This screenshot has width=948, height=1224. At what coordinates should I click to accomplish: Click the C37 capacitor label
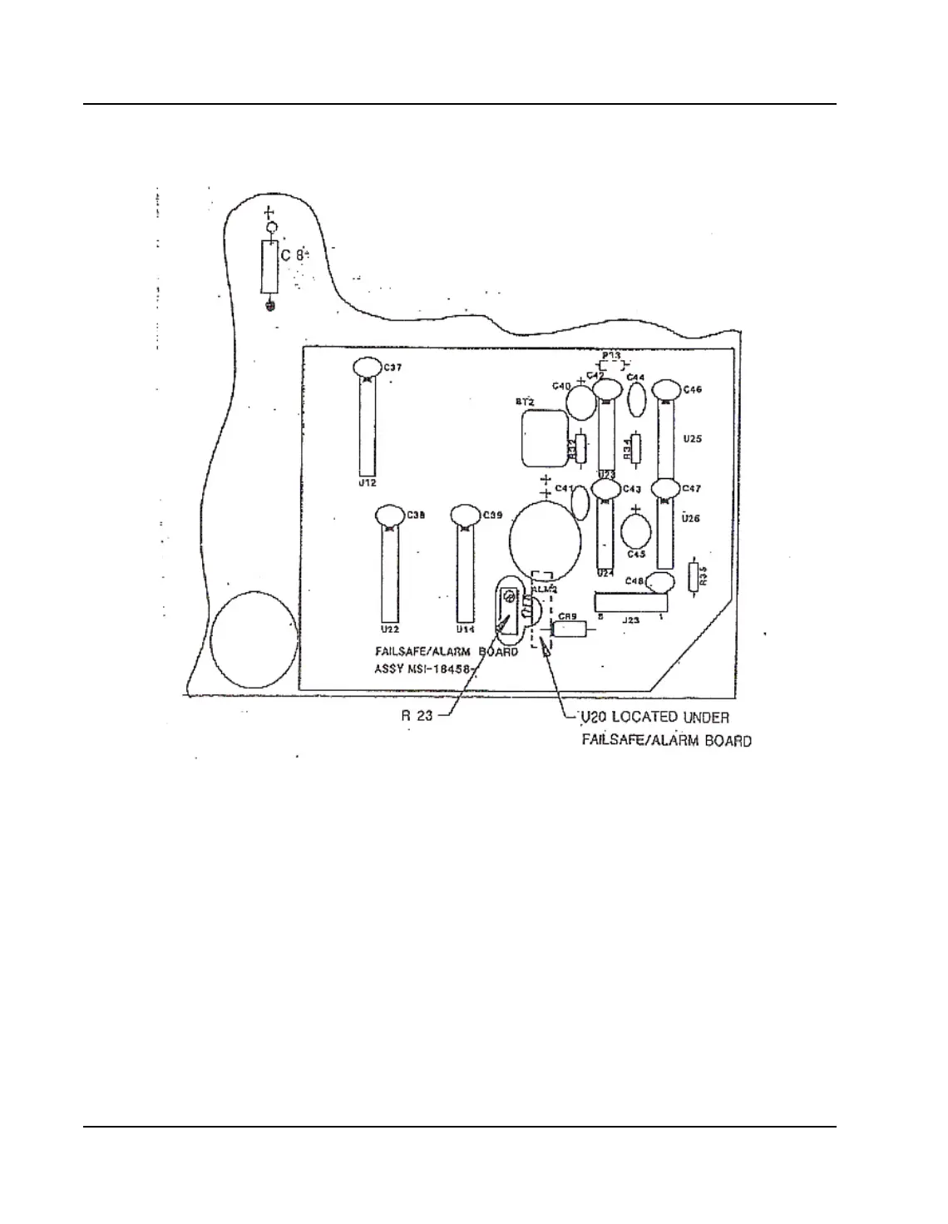pyautogui.click(x=393, y=367)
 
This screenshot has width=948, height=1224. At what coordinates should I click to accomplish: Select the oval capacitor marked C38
pyautogui.click(x=388, y=516)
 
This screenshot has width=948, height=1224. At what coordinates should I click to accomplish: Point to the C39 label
pyautogui.click(x=492, y=516)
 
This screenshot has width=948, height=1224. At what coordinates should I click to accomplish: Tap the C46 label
pyautogui.click(x=692, y=389)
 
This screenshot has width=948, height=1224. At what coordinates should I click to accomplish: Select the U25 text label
pyautogui.click(x=692, y=439)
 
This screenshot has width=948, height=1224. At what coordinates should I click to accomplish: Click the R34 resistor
pyautogui.click(x=636, y=449)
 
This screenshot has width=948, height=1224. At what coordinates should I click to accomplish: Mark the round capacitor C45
pyautogui.click(x=636, y=530)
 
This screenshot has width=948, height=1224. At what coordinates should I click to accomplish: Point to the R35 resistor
pyautogui.click(x=694, y=577)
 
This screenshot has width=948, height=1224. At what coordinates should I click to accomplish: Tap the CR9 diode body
pyautogui.click(x=570, y=629)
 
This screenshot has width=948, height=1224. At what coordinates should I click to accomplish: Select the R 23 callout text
pyautogui.click(x=417, y=714)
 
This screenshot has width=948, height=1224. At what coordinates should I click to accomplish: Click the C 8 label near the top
pyautogui.click(x=291, y=255)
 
